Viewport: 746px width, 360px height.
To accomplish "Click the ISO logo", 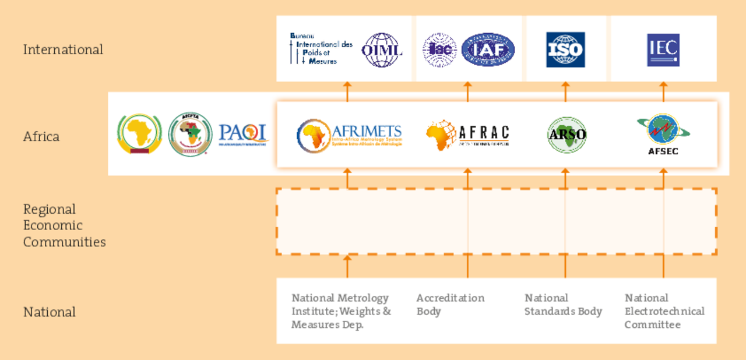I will tap(565, 50).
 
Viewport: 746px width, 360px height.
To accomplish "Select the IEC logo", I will tap(663, 50).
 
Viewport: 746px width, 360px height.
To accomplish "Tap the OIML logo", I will tap(382, 50).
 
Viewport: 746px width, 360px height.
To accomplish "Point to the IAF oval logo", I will tap(488, 50).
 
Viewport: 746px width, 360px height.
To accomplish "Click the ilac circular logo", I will tap(439, 50).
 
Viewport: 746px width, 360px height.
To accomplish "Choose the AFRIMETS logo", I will tap(349, 135).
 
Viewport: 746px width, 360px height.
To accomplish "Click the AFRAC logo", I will tap(467, 135).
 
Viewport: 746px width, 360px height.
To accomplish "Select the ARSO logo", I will tap(566, 135).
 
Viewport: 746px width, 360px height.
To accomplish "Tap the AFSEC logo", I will tap(663, 135).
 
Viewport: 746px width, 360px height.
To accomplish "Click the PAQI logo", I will tap(243, 134).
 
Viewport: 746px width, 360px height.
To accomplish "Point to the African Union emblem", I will tap(139, 134).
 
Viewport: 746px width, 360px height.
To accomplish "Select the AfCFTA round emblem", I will tap(190, 134).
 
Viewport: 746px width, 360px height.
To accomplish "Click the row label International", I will tap(63, 50).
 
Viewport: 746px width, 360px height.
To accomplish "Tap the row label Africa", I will tap(41, 136).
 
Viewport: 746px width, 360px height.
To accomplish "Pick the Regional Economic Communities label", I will tap(64, 225).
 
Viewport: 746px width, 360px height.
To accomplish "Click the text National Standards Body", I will tap(563, 305).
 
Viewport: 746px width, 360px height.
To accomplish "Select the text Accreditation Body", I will tap(450, 305).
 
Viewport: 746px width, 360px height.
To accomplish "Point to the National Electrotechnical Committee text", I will tap(664, 311).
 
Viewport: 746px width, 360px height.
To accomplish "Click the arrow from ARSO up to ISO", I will tap(565, 92).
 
